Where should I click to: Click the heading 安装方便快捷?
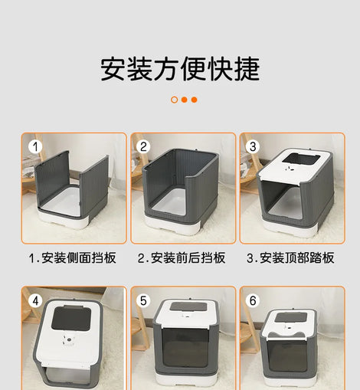pyautogui.click(x=180, y=69)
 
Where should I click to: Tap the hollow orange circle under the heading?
pyautogui.click(x=175, y=100)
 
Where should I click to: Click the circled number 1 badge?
pyautogui.click(x=35, y=146)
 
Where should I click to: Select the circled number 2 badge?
pyautogui.click(x=143, y=146)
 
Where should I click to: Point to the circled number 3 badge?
pyautogui.click(x=253, y=146)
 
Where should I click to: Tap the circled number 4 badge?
pyautogui.click(x=35, y=300)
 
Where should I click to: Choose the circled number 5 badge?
pyautogui.click(x=143, y=300)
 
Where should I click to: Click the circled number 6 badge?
pyautogui.click(x=253, y=300)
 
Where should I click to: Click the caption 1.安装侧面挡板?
pyautogui.click(x=73, y=257)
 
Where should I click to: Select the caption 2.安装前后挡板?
pyautogui.click(x=182, y=257)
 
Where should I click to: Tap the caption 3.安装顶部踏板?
pyautogui.click(x=290, y=257)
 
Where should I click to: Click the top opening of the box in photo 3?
pyautogui.click(x=301, y=159)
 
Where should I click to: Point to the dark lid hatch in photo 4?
pyautogui.click(x=71, y=318)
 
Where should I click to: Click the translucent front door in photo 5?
pyautogui.click(x=185, y=348)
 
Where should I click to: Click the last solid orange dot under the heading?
pyautogui.click(x=195, y=100)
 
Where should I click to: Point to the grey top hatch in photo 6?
pyautogui.click(x=291, y=317)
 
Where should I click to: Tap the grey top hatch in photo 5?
pyautogui.click(x=188, y=306)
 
